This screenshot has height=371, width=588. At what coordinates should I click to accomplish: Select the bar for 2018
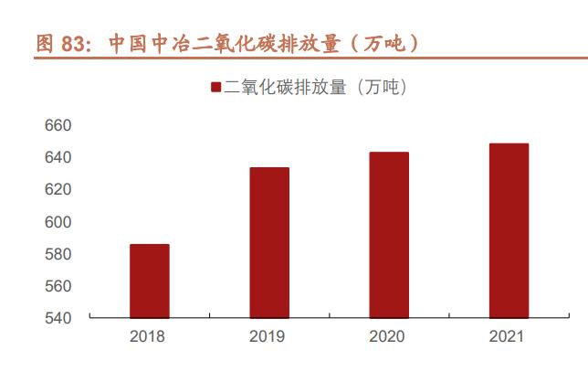click(x=150, y=281)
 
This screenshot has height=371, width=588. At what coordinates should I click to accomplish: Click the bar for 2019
click(x=269, y=242)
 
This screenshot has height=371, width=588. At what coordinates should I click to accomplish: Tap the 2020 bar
click(x=388, y=235)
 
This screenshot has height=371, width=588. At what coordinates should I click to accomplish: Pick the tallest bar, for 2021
click(x=508, y=230)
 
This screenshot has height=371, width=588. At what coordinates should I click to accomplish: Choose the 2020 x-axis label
click(x=388, y=337)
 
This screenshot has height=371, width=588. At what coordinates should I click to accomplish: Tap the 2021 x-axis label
click(x=508, y=337)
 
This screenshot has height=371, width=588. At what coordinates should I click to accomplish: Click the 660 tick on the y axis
click(x=58, y=125)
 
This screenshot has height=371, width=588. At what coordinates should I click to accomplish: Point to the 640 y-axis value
click(x=58, y=157)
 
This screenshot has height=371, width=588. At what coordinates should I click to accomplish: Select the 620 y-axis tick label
click(x=58, y=189)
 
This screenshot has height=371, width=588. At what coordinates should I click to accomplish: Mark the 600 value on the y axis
click(x=58, y=222)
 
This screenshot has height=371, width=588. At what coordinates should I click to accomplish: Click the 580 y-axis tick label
click(x=58, y=254)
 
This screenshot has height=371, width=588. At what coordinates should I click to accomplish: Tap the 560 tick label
click(x=58, y=286)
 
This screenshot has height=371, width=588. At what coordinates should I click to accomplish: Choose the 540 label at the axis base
click(x=58, y=318)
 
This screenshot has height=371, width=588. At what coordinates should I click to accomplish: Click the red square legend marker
click(x=215, y=88)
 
